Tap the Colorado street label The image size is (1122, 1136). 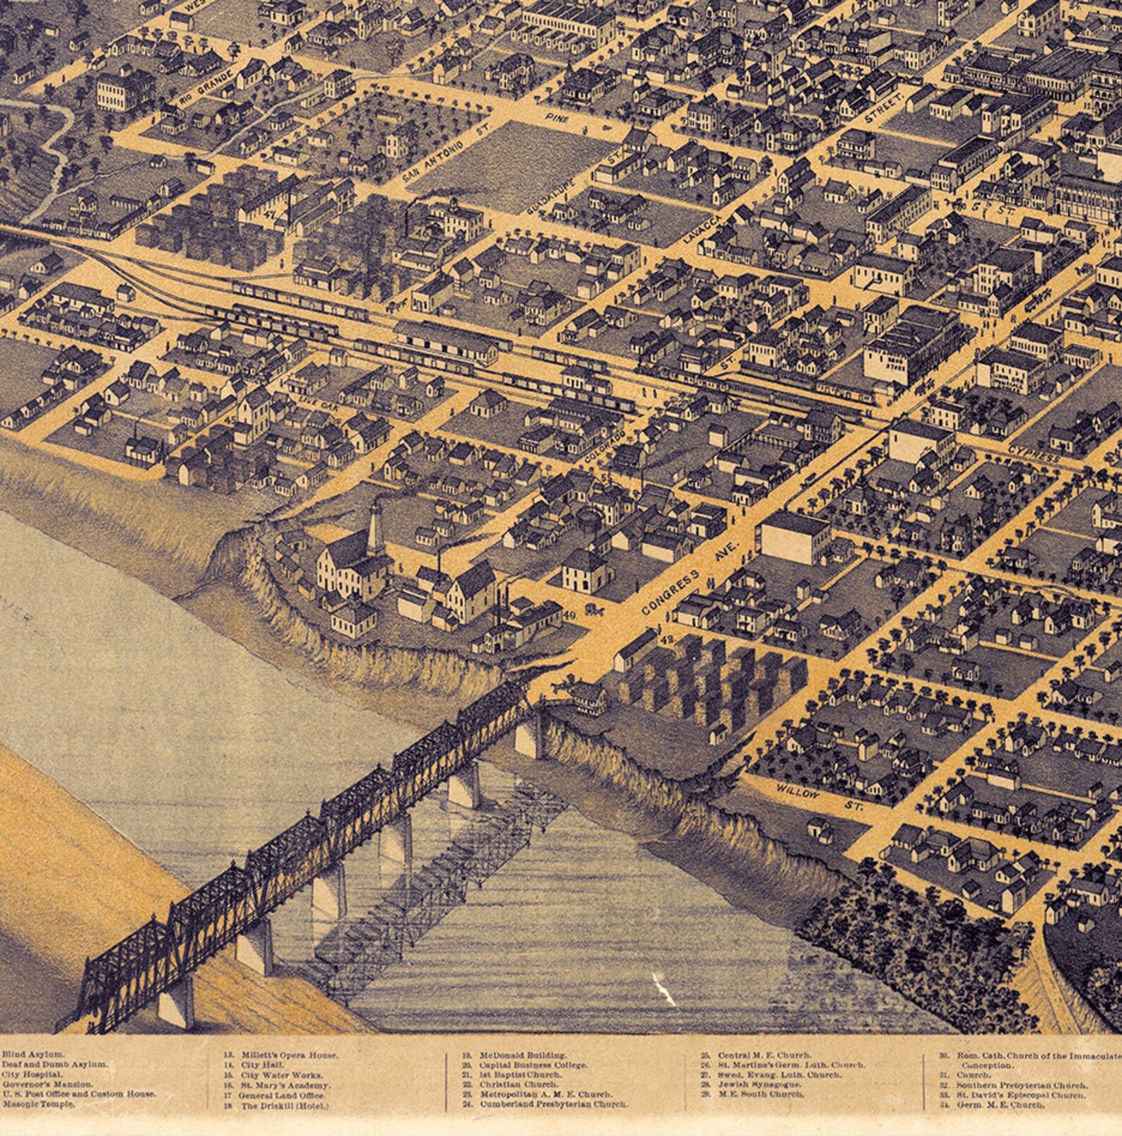tap(606, 446)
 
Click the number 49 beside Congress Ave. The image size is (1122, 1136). tap(571, 615)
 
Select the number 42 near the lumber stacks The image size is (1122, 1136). tap(667, 639)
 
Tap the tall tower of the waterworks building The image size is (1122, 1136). tap(374, 524)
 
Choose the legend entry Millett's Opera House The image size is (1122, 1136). tap(289, 1055)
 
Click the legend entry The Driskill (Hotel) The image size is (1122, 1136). tap(285, 1106)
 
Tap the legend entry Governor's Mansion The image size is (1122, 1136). tap(47, 1084)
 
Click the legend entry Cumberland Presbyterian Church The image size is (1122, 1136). tap(553, 1104)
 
